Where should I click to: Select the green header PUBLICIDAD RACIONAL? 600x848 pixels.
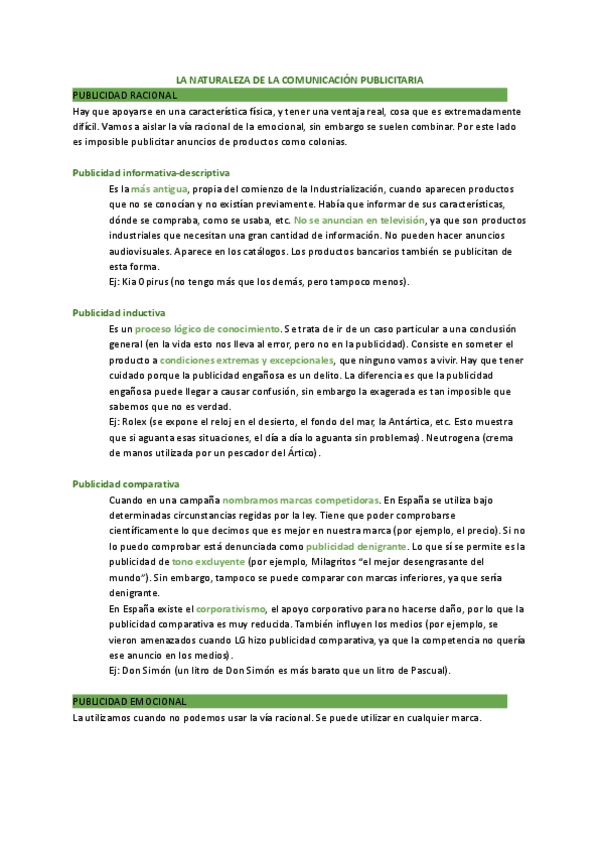click(125, 94)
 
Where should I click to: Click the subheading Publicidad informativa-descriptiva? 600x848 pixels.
click(151, 172)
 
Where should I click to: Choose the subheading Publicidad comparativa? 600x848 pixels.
click(125, 484)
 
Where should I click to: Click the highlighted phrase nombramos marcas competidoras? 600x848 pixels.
click(300, 499)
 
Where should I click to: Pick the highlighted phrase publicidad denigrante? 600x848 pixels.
click(356, 546)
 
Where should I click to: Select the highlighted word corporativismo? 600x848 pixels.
click(230, 608)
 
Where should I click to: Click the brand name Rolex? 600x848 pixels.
click(133, 422)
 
